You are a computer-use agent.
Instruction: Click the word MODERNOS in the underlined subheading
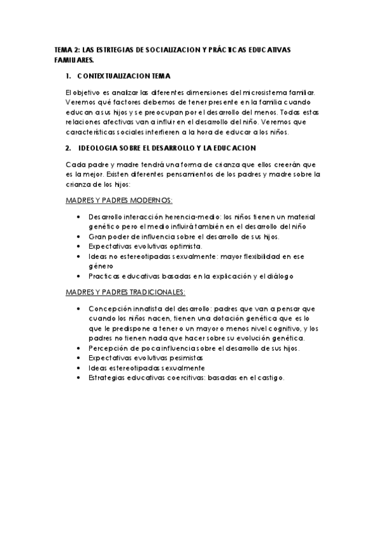(x=148, y=199)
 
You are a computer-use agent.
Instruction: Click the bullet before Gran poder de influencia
(x=77, y=236)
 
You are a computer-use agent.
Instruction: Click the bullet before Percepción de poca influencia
(x=77, y=348)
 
